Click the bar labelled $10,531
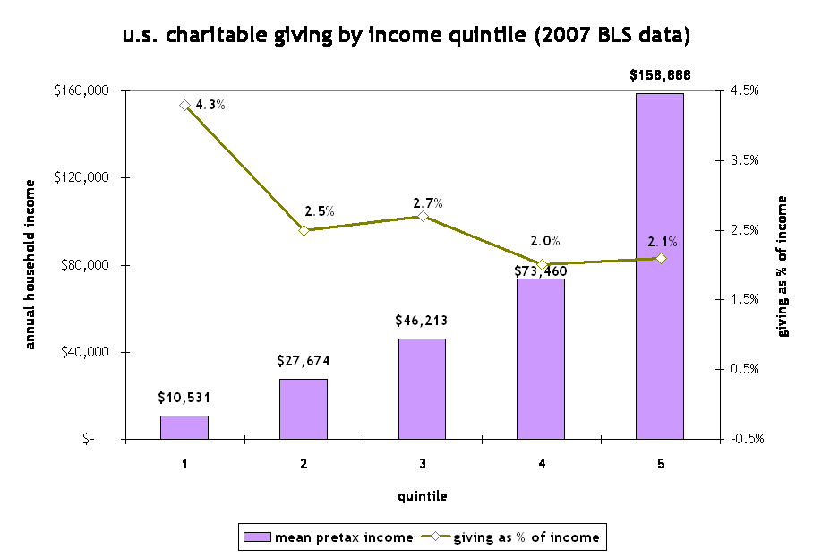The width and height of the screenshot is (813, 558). coord(184,427)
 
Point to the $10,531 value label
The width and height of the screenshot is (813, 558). coord(184,397)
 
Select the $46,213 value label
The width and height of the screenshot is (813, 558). coord(422,320)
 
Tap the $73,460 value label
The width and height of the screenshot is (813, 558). coord(541,270)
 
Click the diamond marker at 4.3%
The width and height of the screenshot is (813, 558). coord(184,105)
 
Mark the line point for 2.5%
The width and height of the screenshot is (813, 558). coord(304,230)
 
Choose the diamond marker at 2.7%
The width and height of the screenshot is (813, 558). coord(422,216)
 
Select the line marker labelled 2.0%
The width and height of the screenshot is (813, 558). coord(542,264)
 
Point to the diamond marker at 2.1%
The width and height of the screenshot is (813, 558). coord(661,258)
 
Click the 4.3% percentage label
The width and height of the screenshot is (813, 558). coord(210,104)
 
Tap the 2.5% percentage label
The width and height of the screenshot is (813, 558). coord(320,211)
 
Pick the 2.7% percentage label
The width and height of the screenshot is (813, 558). coord(428,202)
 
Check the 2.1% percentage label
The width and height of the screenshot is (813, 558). coord(663,241)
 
